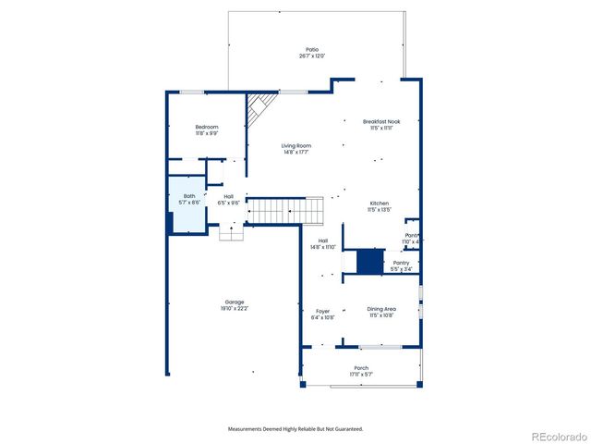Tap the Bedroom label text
(x=206, y=127)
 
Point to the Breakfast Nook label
(x=381, y=121)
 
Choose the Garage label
(x=235, y=302)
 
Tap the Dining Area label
(x=381, y=310)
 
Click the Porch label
(x=361, y=367)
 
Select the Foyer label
(x=322, y=311)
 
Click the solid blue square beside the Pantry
(x=369, y=262)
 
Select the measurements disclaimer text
(x=295, y=429)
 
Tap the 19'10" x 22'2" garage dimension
(x=235, y=308)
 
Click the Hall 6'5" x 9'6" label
(x=227, y=199)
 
